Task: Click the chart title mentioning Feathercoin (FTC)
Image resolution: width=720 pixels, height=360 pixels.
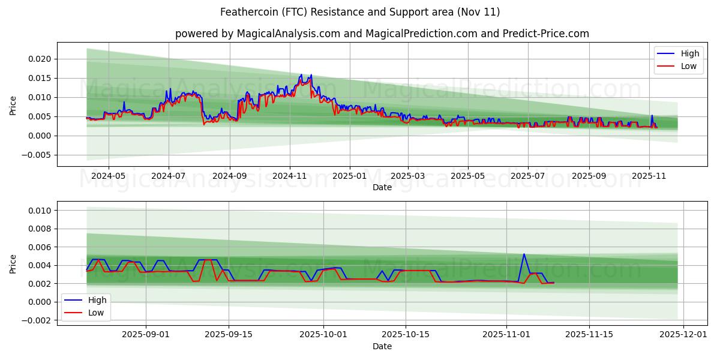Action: point(360,12)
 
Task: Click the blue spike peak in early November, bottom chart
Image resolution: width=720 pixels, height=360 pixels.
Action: point(524,254)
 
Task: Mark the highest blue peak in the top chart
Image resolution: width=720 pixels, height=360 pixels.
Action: point(301,74)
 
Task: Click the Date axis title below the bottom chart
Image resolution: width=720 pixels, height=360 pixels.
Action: point(382,346)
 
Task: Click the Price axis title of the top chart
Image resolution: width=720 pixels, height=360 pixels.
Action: point(13,106)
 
